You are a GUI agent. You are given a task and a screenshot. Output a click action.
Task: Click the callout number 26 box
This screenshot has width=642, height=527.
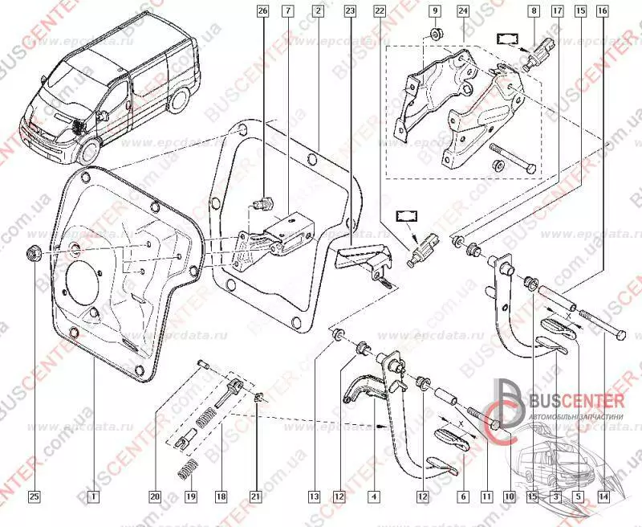pos(262,11)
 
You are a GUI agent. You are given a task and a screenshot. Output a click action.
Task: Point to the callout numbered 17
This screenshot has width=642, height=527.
pos(557,11)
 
